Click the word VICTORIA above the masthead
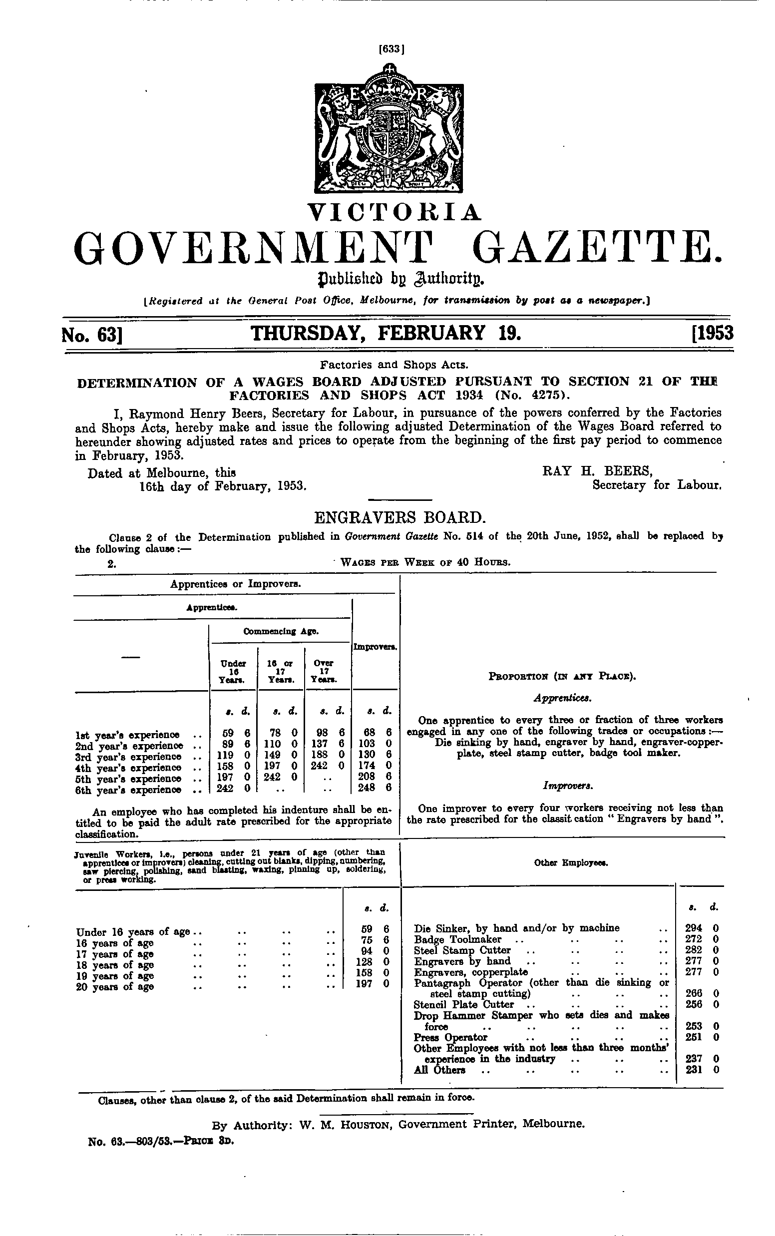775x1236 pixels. [x=394, y=212]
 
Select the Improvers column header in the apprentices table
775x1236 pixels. [x=375, y=648]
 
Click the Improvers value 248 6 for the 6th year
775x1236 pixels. [x=375, y=790]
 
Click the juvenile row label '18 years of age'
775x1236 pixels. [x=115, y=965]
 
